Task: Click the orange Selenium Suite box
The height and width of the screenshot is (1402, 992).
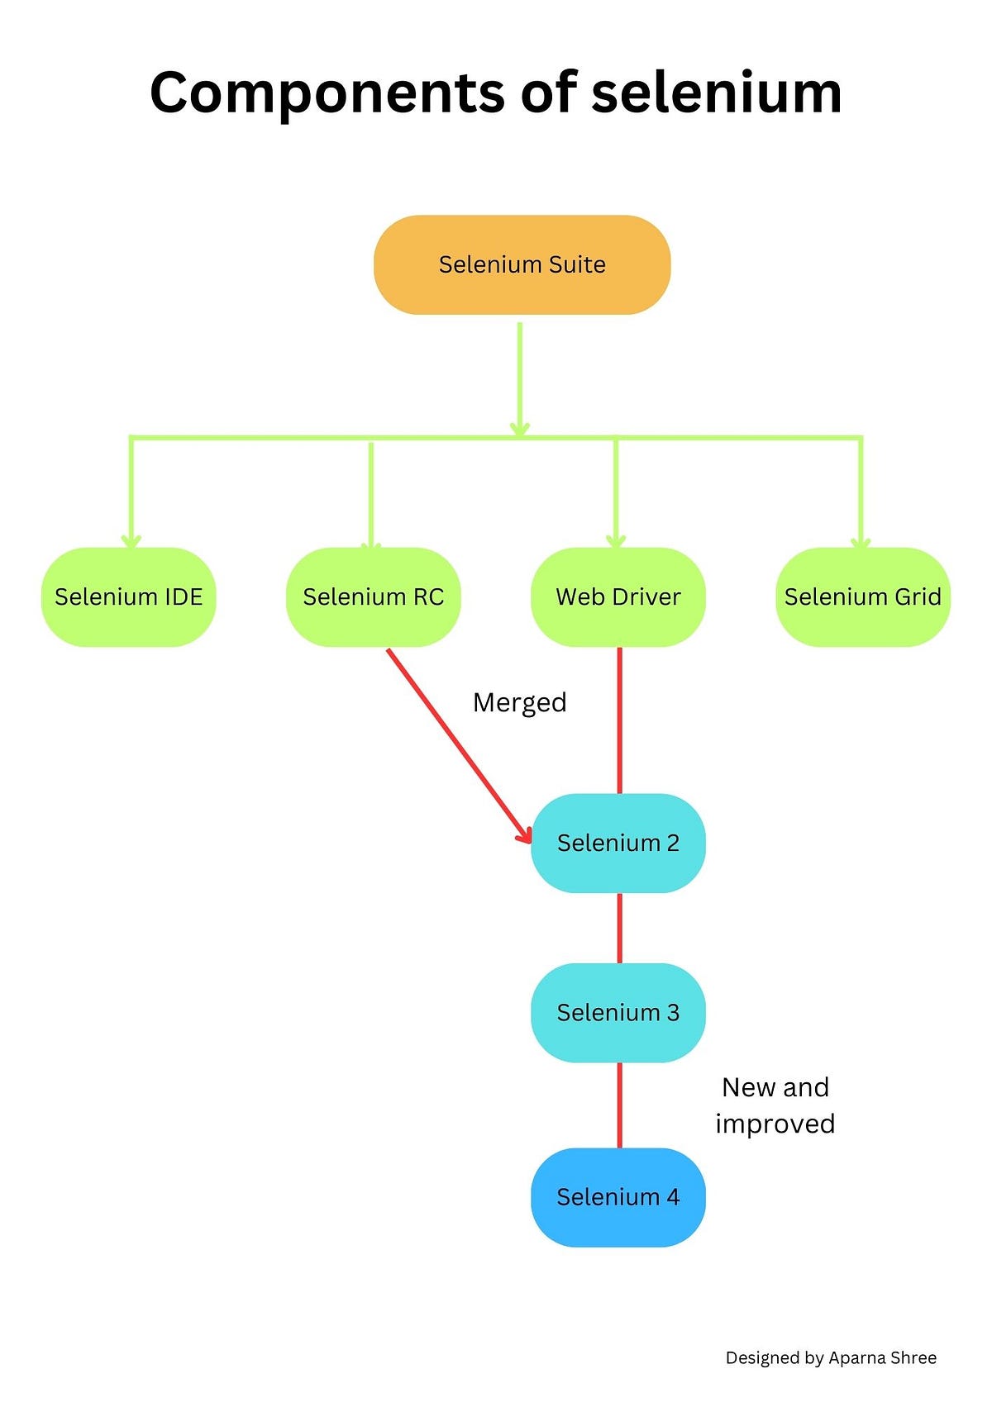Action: click(522, 265)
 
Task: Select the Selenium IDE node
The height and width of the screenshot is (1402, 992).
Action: click(128, 596)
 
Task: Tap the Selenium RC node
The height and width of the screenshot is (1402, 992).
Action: click(373, 596)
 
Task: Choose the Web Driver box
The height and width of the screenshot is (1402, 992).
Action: click(618, 596)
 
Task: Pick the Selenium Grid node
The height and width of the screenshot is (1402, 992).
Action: click(862, 596)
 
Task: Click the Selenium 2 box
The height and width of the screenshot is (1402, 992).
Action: click(618, 843)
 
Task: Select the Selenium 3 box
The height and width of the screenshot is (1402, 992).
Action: click(618, 1012)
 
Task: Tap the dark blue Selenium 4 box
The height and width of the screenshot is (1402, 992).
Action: click(618, 1197)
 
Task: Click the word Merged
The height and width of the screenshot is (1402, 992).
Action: click(519, 702)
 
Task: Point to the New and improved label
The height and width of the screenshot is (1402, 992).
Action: click(775, 1105)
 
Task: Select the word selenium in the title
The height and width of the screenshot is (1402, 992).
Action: click(716, 93)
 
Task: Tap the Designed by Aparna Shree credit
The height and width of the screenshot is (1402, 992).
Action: click(831, 1357)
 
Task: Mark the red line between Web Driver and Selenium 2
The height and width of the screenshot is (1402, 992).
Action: click(620, 719)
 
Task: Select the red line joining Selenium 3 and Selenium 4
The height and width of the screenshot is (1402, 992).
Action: click(620, 1105)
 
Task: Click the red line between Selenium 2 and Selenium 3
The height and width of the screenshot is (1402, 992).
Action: click(620, 928)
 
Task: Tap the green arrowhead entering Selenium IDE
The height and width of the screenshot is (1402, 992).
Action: click(131, 541)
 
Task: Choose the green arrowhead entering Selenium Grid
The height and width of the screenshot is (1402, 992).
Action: click(861, 541)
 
